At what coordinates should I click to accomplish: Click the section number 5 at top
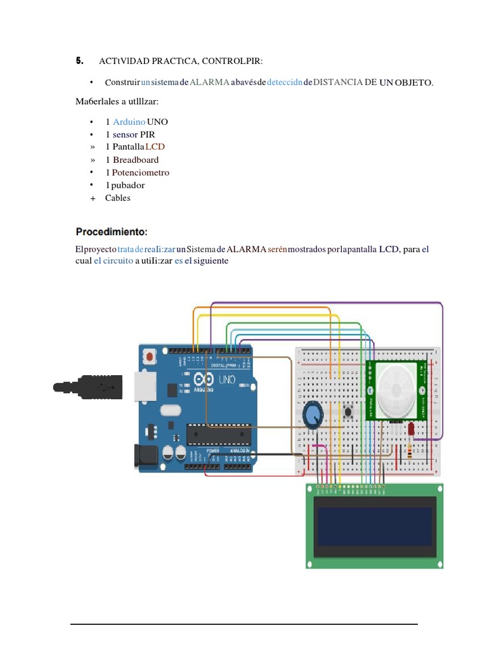[79, 61]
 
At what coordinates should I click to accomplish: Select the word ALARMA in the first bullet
[210, 82]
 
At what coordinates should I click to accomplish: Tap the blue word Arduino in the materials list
[129, 122]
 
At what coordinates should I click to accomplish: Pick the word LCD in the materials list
[155, 147]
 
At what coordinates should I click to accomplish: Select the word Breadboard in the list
[136, 160]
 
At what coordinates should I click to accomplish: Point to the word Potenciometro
[141, 172]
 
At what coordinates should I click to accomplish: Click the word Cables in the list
[118, 198]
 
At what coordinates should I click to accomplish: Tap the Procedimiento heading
[112, 231]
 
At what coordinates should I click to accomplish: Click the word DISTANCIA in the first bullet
[339, 82]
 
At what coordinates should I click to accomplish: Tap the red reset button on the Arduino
[149, 357]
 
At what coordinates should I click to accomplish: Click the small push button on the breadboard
[348, 413]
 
